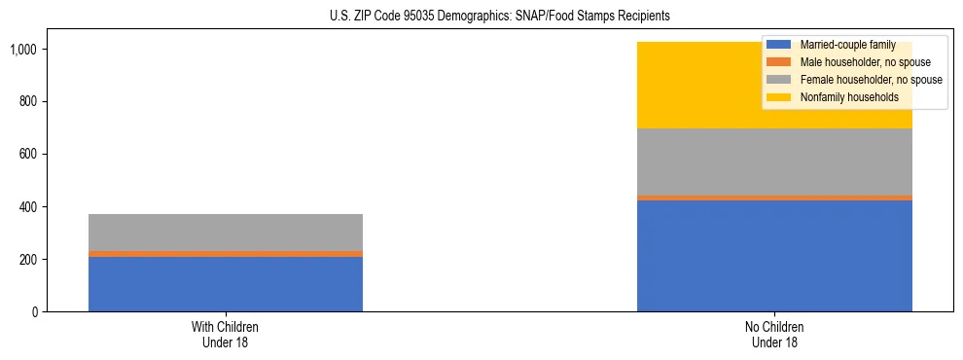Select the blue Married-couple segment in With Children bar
tap(226, 284)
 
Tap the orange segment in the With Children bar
tap(226, 254)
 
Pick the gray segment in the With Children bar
tap(226, 233)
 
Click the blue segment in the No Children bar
tap(774, 256)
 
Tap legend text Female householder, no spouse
tap(870, 80)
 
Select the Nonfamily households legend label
tap(848, 97)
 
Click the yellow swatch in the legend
tap(779, 97)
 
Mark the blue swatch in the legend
tap(779, 45)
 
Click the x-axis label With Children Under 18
tap(226, 334)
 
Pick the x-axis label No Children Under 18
tap(774, 334)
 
